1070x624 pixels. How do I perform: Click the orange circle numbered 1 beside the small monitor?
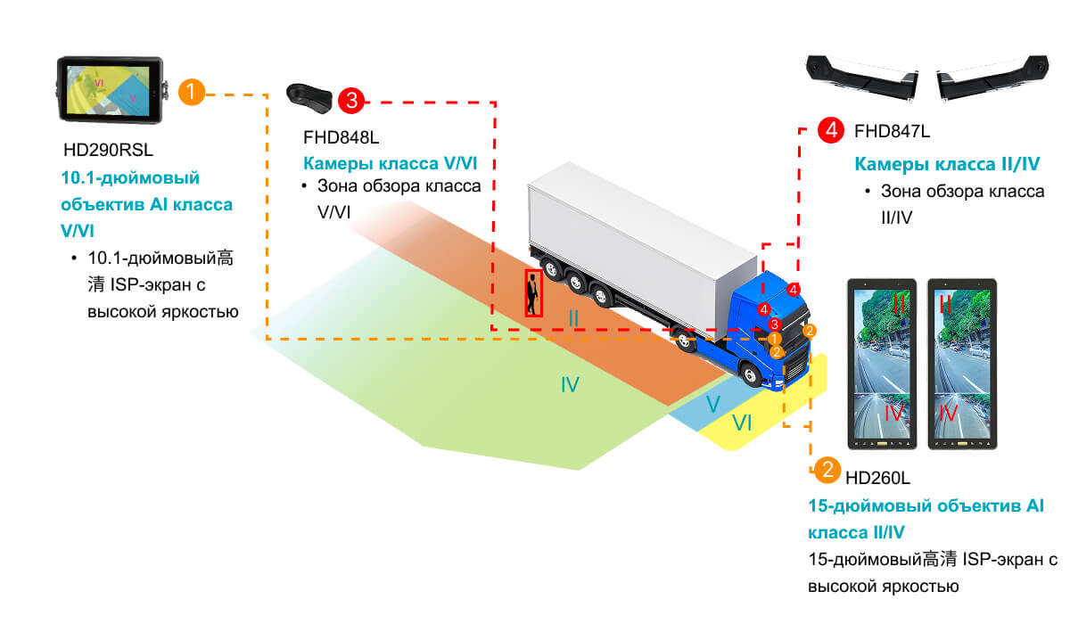193,92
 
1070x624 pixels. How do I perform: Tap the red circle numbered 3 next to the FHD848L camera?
351,101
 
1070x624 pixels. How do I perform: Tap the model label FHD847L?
892,132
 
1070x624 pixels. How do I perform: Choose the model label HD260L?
877,480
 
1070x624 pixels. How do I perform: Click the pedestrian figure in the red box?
533,293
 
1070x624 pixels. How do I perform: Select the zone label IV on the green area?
570,385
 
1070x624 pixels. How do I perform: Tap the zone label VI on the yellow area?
742,423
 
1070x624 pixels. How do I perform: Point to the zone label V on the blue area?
712,404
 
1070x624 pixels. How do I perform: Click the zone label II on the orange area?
574,317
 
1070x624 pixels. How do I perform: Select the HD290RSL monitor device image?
111,89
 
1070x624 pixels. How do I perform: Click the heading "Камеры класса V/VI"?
397,164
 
